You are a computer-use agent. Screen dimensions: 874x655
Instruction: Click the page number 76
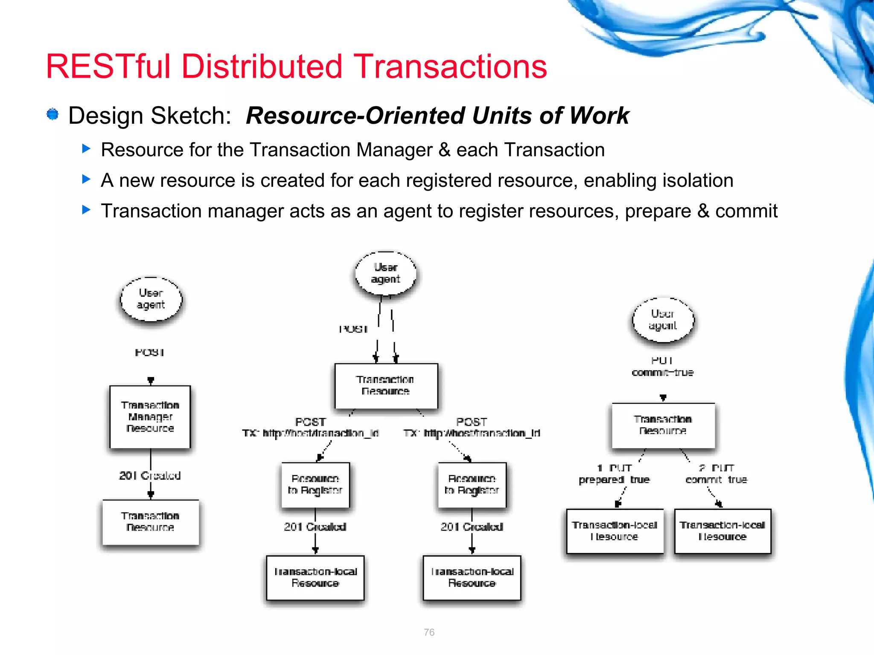point(429,632)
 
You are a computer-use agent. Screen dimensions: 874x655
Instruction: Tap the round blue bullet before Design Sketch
point(52,114)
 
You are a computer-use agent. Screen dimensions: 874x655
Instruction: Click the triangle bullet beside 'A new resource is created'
point(86,179)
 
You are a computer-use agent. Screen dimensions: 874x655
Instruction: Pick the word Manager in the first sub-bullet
point(394,150)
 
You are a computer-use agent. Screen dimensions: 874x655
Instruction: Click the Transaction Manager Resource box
point(150,417)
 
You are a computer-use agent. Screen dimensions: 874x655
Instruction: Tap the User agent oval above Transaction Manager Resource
point(151,299)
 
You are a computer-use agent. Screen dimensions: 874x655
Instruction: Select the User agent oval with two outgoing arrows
point(385,273)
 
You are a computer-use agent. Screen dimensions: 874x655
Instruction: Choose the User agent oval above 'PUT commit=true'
point(663,320)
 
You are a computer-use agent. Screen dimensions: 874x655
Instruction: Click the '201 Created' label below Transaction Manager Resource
point(150,475)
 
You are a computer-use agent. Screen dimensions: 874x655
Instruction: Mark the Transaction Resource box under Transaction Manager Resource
point(150,522)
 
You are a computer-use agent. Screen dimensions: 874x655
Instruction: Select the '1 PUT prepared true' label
point(614,474)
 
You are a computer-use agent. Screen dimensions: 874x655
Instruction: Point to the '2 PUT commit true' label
point(717,474)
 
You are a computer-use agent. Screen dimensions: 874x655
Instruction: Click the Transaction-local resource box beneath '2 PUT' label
point(723,531)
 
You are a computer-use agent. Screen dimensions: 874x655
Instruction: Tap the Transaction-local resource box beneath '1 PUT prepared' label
point(615,531)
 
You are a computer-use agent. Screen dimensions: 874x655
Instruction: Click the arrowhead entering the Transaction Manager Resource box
point(151,381)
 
